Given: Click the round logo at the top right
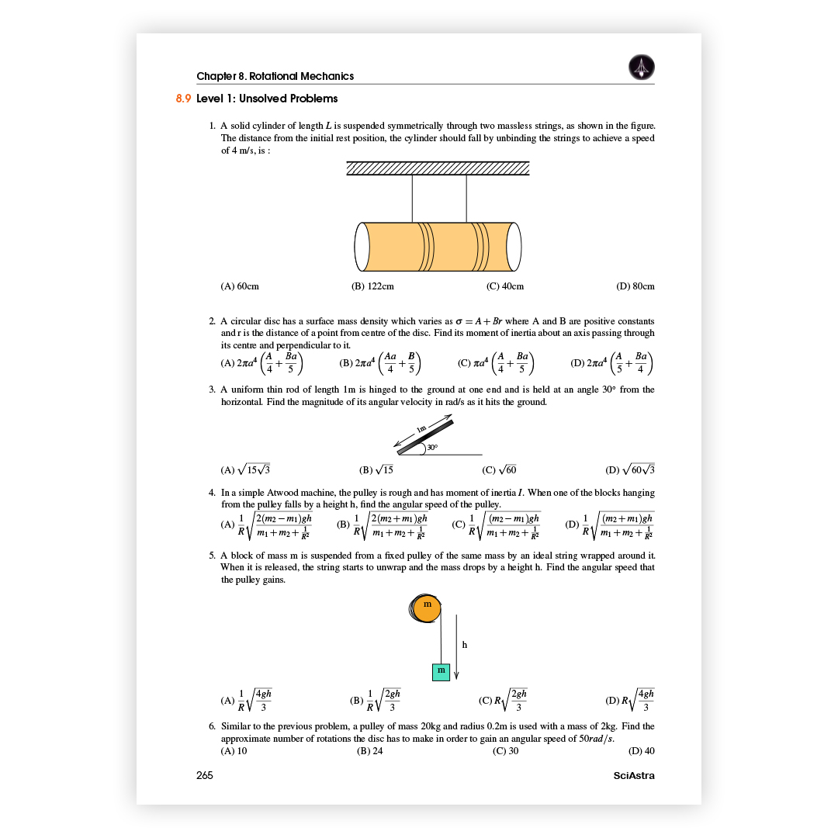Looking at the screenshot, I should (641, 68).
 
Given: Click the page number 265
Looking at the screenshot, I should (205, 775).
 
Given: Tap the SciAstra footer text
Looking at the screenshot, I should (634, 775).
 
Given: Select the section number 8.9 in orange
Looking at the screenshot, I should (183, 99).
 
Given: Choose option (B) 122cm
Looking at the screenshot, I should (372, 286).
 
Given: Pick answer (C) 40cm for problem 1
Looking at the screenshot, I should (505, 286).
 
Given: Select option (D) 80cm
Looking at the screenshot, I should (635, 286).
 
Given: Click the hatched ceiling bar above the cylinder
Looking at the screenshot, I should (438, 168).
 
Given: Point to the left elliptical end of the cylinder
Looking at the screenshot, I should (362, 247).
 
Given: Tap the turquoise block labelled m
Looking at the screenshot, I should (441, 670).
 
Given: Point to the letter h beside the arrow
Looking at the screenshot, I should (464, 644).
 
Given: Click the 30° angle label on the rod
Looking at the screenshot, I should (431, 448).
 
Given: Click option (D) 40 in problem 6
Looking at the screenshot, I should (642, 751).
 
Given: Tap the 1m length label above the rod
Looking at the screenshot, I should (422, 429).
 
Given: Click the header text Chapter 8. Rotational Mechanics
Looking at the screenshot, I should (275, 76).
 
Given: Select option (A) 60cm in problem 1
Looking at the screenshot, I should (240, 286).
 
